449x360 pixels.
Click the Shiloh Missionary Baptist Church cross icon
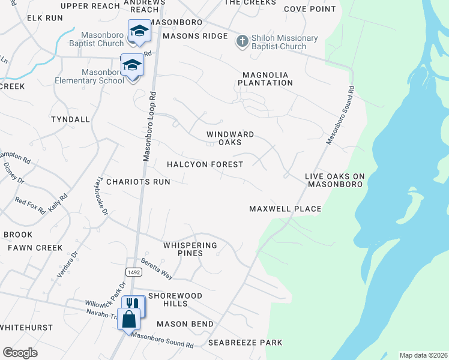point(242,41)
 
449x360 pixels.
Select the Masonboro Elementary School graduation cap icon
point(132,65)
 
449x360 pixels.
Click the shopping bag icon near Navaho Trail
point(129,319)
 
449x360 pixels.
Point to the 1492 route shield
point(134,272)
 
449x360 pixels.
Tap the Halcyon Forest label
point(205,164)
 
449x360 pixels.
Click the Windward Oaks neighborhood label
point(230,139)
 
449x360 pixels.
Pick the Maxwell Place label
point(285,209)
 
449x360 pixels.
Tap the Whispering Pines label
point(190,249)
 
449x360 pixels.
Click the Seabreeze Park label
point(245,343)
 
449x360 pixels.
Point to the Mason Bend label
point(185,324)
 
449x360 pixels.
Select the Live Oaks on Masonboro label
point(334,180)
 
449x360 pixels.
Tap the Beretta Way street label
point(157,269)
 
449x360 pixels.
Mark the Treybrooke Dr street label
point(102,196)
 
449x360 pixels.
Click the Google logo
point(20,353)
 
